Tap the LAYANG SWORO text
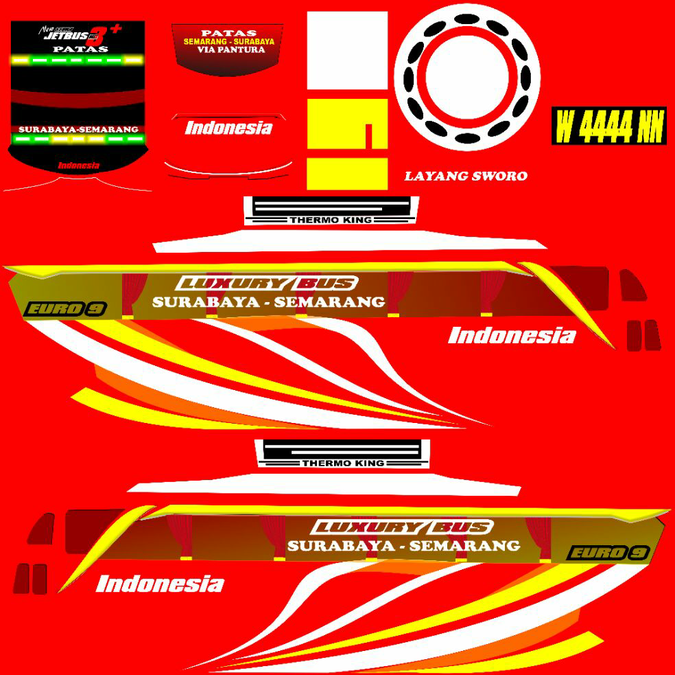coord(466,176)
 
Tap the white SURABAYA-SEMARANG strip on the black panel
coord(78,129)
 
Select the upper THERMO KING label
coord(331,220)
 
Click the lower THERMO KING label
coord(342,464)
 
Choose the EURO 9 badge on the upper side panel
coord(65,309)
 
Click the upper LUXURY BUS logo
coord(267,284)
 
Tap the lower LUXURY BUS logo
coord(403,528)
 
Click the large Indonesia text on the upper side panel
coord(512,336)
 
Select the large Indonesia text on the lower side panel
coord(160,584)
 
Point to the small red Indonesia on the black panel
coord(78,165)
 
